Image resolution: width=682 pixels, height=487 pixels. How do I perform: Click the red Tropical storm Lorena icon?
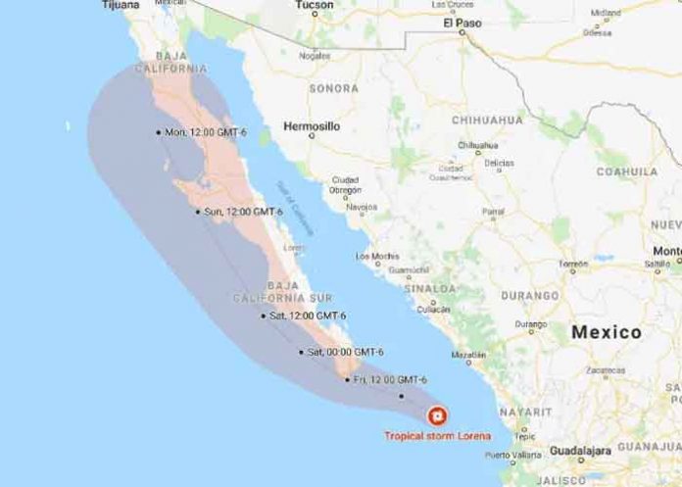point(436,414)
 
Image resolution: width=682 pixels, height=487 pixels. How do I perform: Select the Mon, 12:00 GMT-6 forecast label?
point(206,132)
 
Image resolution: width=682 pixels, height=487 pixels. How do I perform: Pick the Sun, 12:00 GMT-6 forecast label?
point(241,212)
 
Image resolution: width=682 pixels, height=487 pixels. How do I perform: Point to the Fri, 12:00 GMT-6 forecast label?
point(391,379)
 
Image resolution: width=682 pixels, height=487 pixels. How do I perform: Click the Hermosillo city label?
point(310,127)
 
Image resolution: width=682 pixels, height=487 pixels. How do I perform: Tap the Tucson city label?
point(315,5)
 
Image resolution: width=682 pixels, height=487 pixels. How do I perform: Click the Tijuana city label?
point(119,5)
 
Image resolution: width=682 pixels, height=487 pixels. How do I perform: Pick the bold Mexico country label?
point(607,332)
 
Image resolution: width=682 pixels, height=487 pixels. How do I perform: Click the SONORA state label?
point(334,88)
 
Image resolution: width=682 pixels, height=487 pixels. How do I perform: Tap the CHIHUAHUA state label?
point(488,120)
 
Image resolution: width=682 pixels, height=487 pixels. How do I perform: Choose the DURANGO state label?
point(530,292)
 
